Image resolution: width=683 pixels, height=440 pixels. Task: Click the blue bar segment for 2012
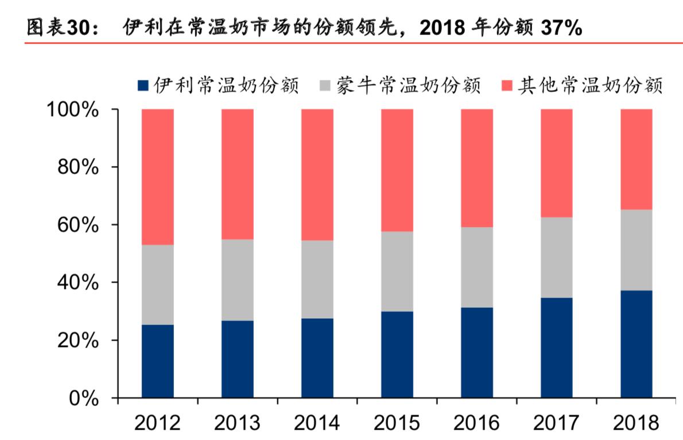[x=157, y=361]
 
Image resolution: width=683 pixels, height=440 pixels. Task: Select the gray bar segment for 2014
[x=317, y=279]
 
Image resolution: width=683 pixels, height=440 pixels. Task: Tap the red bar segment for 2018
[x=636, y=159]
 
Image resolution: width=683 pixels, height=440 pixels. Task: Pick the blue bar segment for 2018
[x=636, y=343]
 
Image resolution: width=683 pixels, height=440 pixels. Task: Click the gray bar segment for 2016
[x=476, y=267]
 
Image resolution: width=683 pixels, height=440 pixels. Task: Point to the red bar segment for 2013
[x=237, y=174]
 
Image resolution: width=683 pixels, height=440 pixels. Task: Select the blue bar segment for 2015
[x=397, y=354]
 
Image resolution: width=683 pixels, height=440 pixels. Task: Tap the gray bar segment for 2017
[x=556, y=257]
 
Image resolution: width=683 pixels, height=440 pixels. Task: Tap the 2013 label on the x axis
[x=237, y=423]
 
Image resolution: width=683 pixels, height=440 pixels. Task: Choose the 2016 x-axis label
[x=476, y=423]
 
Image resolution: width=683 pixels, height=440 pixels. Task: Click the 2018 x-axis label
[x=636, y=423]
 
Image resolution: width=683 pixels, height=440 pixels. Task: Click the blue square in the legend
[x=143, y=86]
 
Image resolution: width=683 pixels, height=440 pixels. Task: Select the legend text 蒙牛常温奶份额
[x=408, y=86]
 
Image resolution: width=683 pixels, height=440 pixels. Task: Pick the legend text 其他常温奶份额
[x=590, y=86]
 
